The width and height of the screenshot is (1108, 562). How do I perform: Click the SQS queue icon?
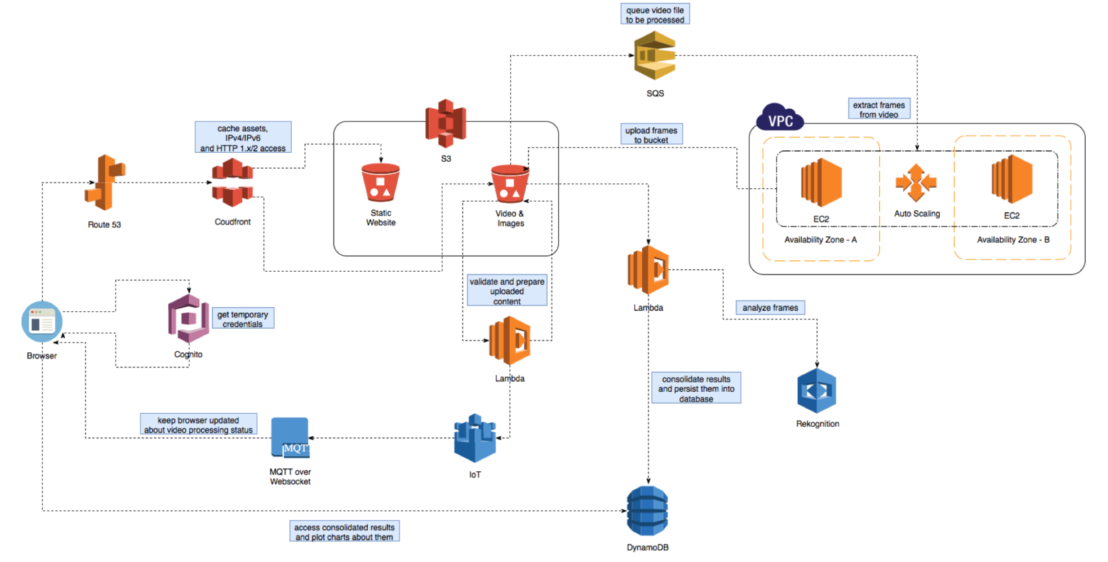pos(654,55)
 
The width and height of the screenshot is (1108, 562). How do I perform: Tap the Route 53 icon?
pos(105,182)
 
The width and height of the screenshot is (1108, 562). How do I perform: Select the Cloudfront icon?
pos(233,182)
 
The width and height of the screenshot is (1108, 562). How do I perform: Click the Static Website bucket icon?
pos(380,182)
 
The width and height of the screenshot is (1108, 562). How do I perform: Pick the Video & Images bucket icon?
pos(510,183)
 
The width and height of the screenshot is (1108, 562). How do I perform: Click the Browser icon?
pos(42,321)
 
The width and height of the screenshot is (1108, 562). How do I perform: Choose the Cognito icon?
pos(189,319)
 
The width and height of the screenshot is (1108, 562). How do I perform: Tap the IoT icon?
pos(475,438)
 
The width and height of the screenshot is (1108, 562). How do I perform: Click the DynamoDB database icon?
pos(648,511)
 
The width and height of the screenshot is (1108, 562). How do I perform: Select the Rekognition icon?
pos(817,391)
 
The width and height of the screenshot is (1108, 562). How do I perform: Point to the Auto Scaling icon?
pos(916,183)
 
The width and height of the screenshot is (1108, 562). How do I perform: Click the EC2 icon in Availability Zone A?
pos(821,182)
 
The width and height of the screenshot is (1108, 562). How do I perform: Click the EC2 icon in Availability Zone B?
pos(1012,179)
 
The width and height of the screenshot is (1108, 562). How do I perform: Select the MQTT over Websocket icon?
pos(290,437)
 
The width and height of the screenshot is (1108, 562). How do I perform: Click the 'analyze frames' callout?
pos(770,308)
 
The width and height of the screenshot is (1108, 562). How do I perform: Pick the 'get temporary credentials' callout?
pos(243,319)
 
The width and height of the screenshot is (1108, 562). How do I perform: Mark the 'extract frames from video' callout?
pos(879,110)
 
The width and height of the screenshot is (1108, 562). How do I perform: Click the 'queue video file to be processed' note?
pos(655,15)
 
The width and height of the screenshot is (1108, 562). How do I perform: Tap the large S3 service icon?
pos(446,123)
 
